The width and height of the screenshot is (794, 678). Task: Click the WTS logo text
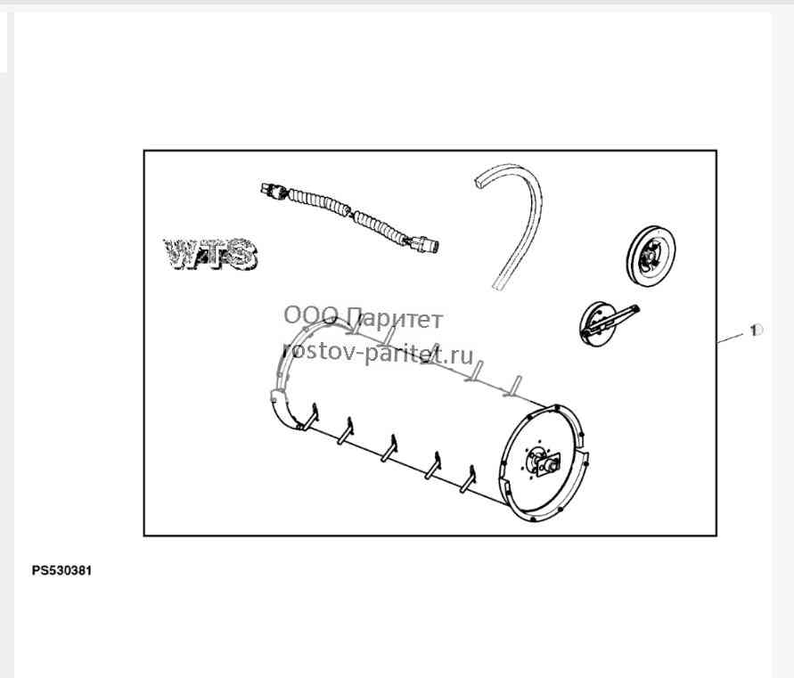(210, 254)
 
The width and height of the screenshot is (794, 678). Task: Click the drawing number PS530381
(61, 571)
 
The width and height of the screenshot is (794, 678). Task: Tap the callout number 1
(755, 331)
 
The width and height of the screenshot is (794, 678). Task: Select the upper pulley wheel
(651, 257)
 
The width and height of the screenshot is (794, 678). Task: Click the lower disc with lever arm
(602, 324)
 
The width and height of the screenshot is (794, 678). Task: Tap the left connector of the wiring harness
(274, 191)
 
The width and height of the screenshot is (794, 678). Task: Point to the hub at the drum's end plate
(544, 461)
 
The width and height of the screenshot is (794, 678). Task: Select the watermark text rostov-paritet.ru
(378, 353)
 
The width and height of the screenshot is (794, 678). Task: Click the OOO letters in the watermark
(310, 315)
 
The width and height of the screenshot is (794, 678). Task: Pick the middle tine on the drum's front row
(389, 448)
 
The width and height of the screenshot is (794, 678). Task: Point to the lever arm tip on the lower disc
(636, 308)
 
